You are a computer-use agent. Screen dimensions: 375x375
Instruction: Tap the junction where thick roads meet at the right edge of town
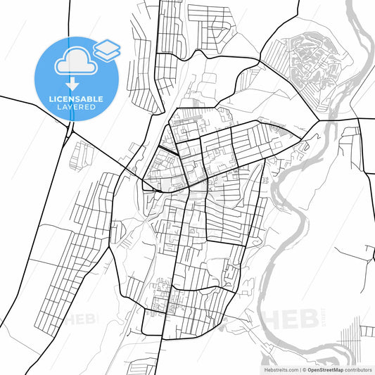point(319,120)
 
